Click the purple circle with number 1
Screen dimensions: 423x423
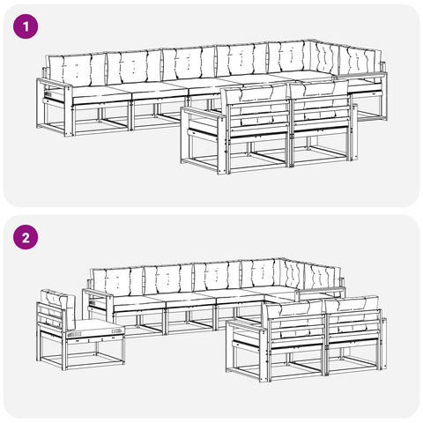26,26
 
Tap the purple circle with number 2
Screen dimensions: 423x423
26,237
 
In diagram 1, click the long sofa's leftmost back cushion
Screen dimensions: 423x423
77,70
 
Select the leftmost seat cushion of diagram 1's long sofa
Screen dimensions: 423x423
101,93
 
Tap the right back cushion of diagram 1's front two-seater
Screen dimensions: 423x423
319,100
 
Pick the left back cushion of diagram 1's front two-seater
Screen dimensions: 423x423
256,103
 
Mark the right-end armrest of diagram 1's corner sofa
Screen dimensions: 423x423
360,76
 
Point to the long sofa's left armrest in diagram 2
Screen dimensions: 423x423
98,293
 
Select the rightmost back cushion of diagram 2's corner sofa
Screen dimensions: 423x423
323,277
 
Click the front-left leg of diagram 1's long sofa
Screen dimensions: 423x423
69,112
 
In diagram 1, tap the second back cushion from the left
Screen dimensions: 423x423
135,66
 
